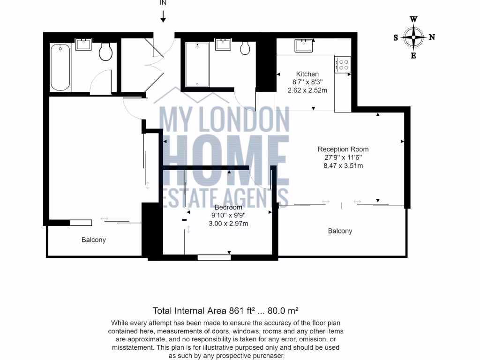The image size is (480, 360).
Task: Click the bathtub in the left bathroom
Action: [60, 67]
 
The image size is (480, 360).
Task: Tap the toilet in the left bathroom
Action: [106, 52]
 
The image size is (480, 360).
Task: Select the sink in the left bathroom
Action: [85, 45]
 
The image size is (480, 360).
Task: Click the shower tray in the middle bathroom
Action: [197, 65]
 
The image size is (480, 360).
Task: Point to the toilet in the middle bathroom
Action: [245, 48]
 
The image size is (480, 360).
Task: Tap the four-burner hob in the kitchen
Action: [343, 64]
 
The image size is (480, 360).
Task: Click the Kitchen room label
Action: [307, 74]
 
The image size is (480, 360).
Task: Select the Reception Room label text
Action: [340, 150]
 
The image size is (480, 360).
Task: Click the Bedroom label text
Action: [228, 207]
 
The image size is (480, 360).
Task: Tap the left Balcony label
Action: [94, 240]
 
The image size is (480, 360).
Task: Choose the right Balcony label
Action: [340, 231]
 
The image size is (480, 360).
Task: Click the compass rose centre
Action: [414, 37]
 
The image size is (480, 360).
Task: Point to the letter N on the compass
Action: [432, 37]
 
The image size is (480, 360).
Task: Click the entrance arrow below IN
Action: [163, 17]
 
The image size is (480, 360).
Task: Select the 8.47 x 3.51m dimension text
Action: [340, 165]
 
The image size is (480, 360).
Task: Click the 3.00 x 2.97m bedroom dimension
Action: [228, 224]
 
